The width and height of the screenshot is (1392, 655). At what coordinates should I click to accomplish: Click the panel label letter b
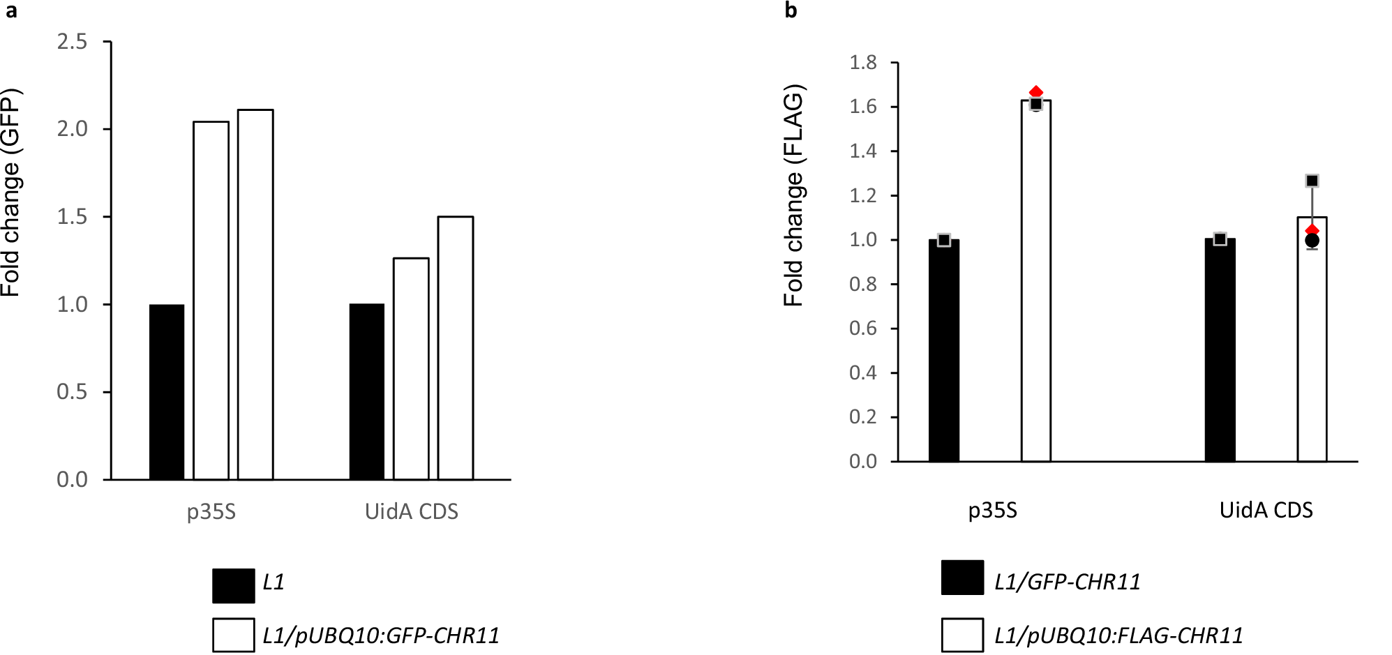click(791, 10)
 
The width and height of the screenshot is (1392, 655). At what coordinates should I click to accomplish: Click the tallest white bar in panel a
click(255, 294)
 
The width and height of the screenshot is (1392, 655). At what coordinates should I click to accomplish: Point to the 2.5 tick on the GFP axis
click(73, 42)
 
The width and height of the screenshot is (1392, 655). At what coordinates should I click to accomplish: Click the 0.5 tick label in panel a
click(73, 392)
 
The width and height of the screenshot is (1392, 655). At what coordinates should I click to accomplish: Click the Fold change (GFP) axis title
click(12, 193)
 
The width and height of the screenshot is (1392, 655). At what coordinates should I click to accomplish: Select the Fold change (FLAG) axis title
click(794, 196)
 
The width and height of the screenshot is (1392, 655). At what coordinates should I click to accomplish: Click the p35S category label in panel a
click(211, 512)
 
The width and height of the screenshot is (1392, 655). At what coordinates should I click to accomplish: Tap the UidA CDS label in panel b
click(1266, 511)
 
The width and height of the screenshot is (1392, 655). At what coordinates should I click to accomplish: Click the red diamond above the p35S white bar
click(1036, 92)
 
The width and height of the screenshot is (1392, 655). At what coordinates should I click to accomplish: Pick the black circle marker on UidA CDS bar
click(1312, 241)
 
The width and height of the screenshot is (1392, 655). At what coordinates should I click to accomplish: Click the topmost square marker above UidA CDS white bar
click(1312, 181)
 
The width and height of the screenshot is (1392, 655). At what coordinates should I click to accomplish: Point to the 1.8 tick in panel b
click(863, 63)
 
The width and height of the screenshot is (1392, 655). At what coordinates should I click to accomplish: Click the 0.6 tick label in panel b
click(863, 329)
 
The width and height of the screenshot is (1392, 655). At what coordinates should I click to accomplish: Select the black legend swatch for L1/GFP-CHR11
click(962, 578)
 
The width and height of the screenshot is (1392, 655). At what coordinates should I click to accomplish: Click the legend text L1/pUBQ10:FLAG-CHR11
click(1118, 635)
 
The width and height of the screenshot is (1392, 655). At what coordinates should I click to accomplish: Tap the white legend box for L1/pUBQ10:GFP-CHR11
click(234, 635)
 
